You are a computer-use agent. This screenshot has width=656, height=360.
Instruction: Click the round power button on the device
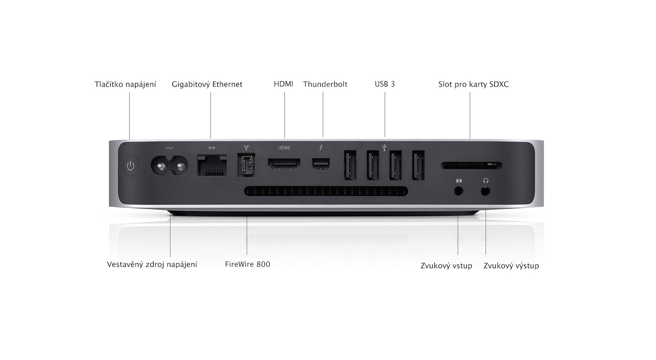pos(130,166)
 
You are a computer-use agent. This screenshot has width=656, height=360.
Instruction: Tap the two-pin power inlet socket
pos(169,166)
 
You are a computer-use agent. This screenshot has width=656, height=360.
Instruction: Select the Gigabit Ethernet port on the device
pos(212,165)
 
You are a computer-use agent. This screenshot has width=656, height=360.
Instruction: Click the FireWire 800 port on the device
pos(246,165)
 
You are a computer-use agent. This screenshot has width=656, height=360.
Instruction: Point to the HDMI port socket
pos(284,165)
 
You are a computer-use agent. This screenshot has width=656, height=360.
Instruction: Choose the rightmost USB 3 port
pos(418,166)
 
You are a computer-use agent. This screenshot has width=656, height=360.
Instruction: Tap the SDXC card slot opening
pos(471,166)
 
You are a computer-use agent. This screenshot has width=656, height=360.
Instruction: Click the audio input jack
pos(458,191)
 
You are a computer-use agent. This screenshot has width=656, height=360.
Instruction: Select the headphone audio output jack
pos(485,191)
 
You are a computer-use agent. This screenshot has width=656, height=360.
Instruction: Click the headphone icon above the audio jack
pos(486,180)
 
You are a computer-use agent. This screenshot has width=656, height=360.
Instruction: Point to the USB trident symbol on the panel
pos(384,147)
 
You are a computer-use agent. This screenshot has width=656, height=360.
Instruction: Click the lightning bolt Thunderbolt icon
pos(321,147)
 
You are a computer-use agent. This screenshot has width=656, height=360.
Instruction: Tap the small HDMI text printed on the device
pos(284,148)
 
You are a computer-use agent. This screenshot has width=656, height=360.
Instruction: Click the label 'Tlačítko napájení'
pos(125,84)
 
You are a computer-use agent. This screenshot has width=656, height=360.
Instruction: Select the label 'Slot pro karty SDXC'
pos(473,84)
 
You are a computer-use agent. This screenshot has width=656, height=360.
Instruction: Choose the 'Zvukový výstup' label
pos(511,266)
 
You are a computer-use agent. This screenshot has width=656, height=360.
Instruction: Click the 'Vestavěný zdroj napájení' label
pos(152,264)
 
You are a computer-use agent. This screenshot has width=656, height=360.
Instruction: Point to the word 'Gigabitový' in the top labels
pos(189,84)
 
